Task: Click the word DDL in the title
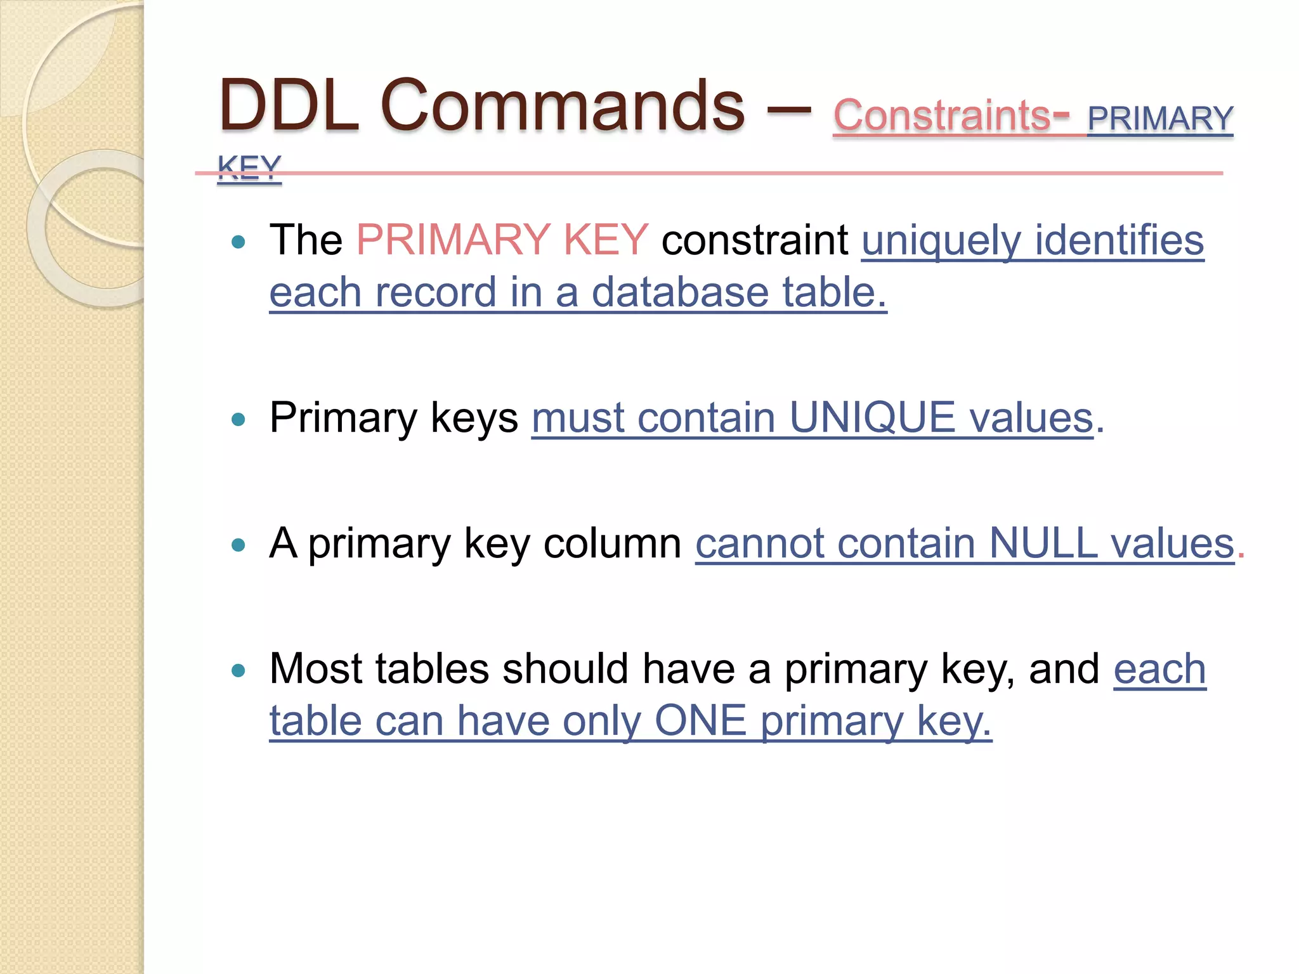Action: (289, 105)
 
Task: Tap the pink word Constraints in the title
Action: (942, 116)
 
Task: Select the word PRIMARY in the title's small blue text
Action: (1160, 119)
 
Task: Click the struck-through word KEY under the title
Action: (249, 168)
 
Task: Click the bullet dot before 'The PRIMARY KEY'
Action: (238, 242)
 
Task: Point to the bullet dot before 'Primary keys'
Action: (238, 419)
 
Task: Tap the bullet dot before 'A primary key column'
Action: (238, 545)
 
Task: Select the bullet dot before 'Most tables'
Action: (238, 670)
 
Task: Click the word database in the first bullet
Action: (680, 292)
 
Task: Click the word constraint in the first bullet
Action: (755, 240)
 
